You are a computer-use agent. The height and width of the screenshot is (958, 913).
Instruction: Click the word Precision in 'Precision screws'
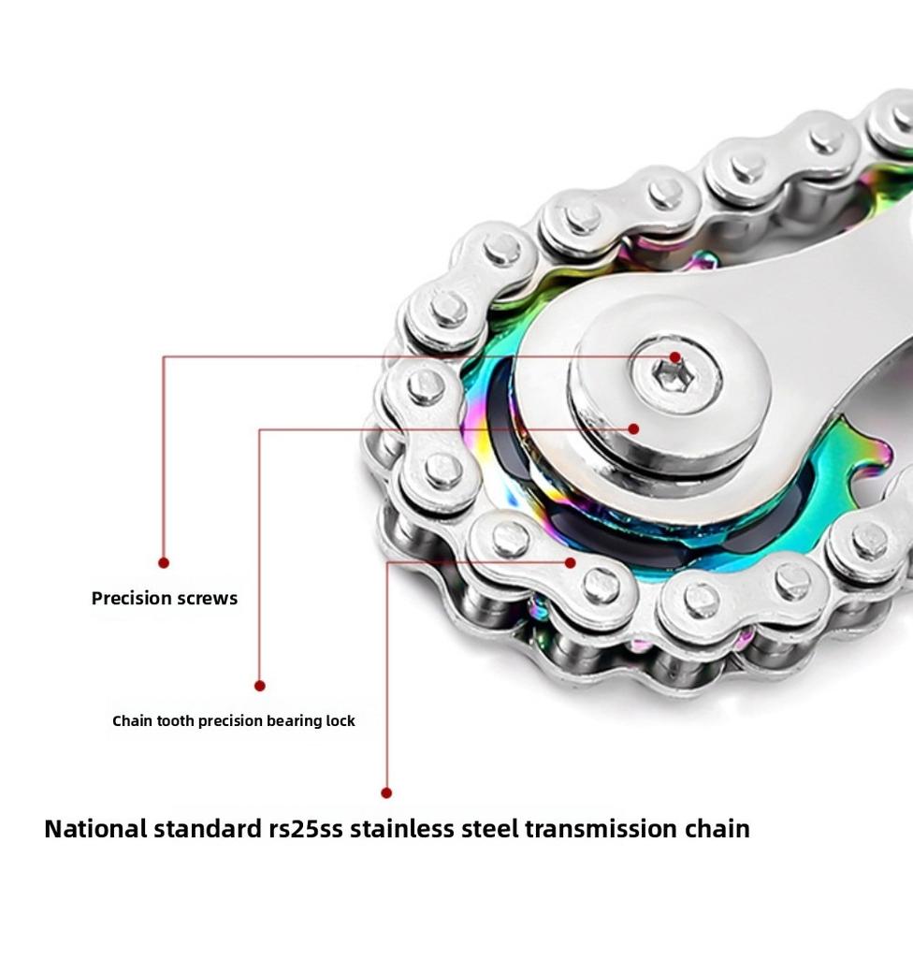point(131,598)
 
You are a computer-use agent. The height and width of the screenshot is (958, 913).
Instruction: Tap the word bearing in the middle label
point(294,720)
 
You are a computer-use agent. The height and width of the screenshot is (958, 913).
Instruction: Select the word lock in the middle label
point(340,720)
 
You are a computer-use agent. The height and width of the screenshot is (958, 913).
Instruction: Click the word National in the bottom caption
point(95,829)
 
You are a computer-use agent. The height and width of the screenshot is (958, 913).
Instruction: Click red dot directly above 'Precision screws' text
point(164,562)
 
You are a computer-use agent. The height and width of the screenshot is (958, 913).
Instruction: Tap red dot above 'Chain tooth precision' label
point(259,686)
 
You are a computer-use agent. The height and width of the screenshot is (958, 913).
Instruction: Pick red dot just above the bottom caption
point(386,792)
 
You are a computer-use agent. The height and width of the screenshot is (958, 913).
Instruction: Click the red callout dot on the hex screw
point(675,357)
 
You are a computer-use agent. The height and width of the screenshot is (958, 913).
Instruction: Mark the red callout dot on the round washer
point(633,428)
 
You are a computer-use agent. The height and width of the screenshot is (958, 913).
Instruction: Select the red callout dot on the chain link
point(571,562)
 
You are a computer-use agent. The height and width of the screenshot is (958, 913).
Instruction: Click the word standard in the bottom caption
point(209,829)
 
